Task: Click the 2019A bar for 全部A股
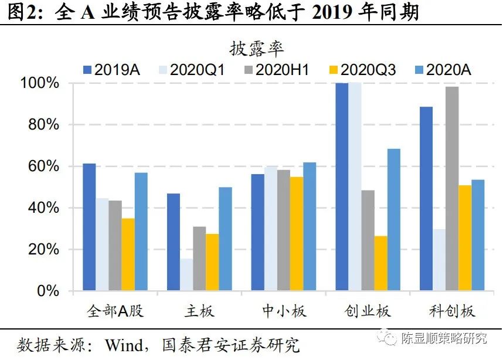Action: point(89,227)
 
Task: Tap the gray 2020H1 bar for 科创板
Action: point(451,188)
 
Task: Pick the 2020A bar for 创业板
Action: point(393,219)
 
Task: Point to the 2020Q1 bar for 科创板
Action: point(439,260)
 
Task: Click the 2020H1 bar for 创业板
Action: point(368,240)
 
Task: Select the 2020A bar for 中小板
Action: point(310,226)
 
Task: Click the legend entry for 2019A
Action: point(111,70)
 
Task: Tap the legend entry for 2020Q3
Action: point(361,70)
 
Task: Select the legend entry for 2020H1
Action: point(276,70)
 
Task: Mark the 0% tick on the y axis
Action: point(50,291)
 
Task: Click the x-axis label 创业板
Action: point(368,311)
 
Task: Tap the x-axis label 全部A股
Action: point(115,311)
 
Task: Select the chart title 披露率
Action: point(256,48)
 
